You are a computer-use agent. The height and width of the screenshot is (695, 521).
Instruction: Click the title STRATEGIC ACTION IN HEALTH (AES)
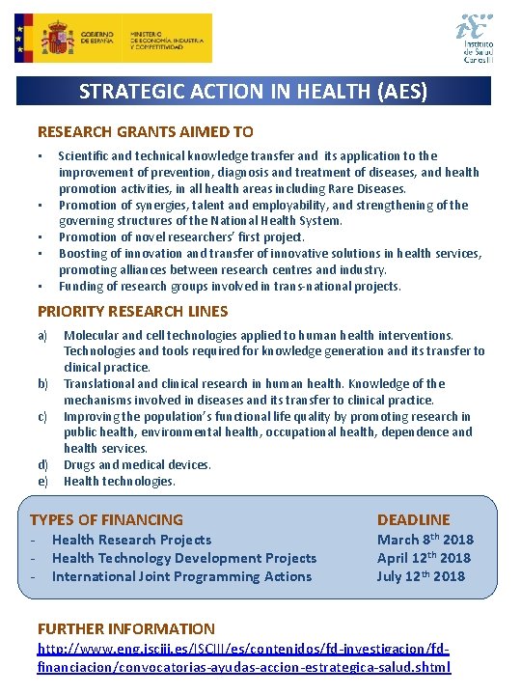click(253, 92)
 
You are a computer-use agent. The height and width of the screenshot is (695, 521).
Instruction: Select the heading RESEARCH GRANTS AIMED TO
click(145, 132)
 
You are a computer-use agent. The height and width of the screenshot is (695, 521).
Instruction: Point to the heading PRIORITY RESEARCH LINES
click(132, 311)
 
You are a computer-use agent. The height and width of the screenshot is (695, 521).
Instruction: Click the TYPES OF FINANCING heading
click(106, 519)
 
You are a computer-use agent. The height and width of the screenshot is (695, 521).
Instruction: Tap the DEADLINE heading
click(413, 519)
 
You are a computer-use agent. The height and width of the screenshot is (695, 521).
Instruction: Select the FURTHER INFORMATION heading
click(125, 628)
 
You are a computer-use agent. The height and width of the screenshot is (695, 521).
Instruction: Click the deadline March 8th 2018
click(425, 540)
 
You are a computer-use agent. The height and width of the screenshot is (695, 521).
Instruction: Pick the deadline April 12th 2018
click(424, 558)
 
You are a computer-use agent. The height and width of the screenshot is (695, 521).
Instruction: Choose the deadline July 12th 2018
click(421, 576)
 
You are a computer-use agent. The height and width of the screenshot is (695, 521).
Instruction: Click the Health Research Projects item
click(131, 540)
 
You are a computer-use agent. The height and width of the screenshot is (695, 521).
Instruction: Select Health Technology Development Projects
click(184, 558)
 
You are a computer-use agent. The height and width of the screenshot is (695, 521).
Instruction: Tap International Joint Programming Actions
click(181, 576)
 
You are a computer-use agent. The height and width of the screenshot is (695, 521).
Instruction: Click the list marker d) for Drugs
click(42, 464)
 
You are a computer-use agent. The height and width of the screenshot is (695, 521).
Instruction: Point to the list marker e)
click(42, 481)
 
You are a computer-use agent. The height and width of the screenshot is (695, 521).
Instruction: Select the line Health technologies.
click(120, 481)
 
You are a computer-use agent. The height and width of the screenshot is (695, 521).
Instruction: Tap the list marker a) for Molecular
click(42, 335)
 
